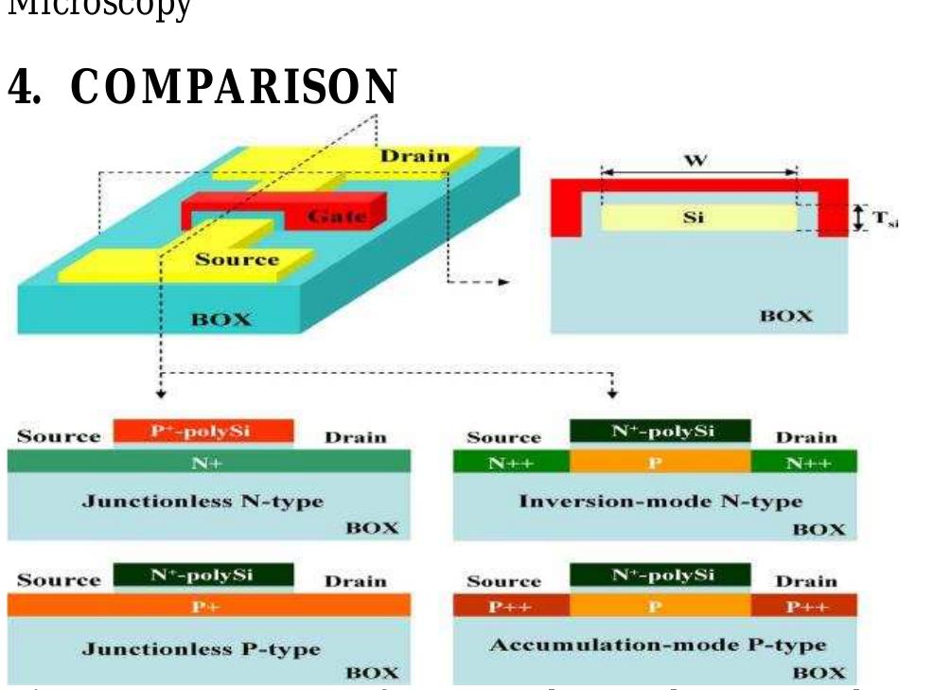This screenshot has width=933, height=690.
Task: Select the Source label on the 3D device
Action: click(x=237, y=259)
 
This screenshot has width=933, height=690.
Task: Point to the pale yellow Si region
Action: click(x=698, y=218)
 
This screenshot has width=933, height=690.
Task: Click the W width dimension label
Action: click(x=695, y=160)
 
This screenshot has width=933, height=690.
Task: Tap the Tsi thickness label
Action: click(x=884, y=220)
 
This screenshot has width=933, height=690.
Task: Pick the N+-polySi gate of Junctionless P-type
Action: click(x=202, y=575)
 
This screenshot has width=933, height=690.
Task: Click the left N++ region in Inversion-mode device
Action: click(x=511, y=462)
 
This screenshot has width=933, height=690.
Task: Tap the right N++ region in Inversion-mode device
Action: click(x=803, y=462)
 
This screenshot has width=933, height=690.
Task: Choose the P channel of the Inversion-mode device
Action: click(x=660, y=462)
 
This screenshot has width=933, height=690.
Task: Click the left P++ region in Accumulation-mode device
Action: click(x=511, y=607)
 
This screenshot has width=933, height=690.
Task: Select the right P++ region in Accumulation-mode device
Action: click(x=804, y=607)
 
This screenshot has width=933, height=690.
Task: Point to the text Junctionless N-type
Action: click(x=202, y=501)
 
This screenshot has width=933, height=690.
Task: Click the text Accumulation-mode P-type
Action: click(x=657, y=646)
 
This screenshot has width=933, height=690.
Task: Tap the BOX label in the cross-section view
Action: click(x=786, y=315)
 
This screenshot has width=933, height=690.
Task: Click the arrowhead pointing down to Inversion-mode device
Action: click(x=612, y=391)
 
